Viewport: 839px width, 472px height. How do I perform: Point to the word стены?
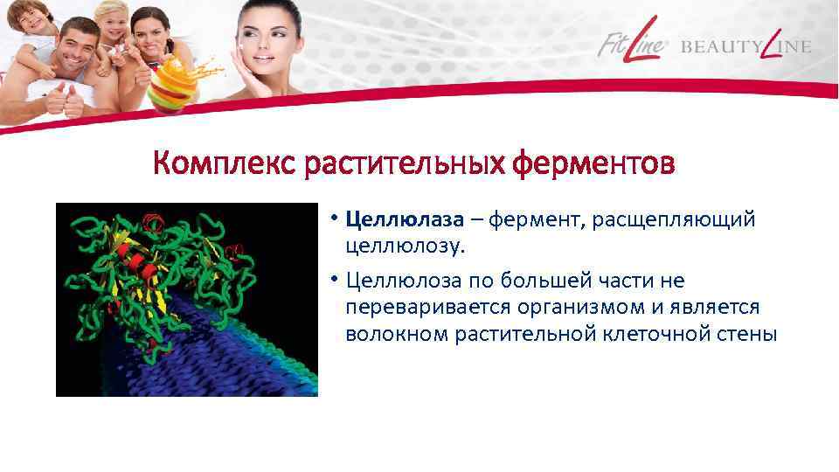click(745, 334)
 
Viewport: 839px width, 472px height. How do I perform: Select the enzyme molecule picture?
click(187, 299)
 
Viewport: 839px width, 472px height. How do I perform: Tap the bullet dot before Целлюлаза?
click(335, 219)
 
